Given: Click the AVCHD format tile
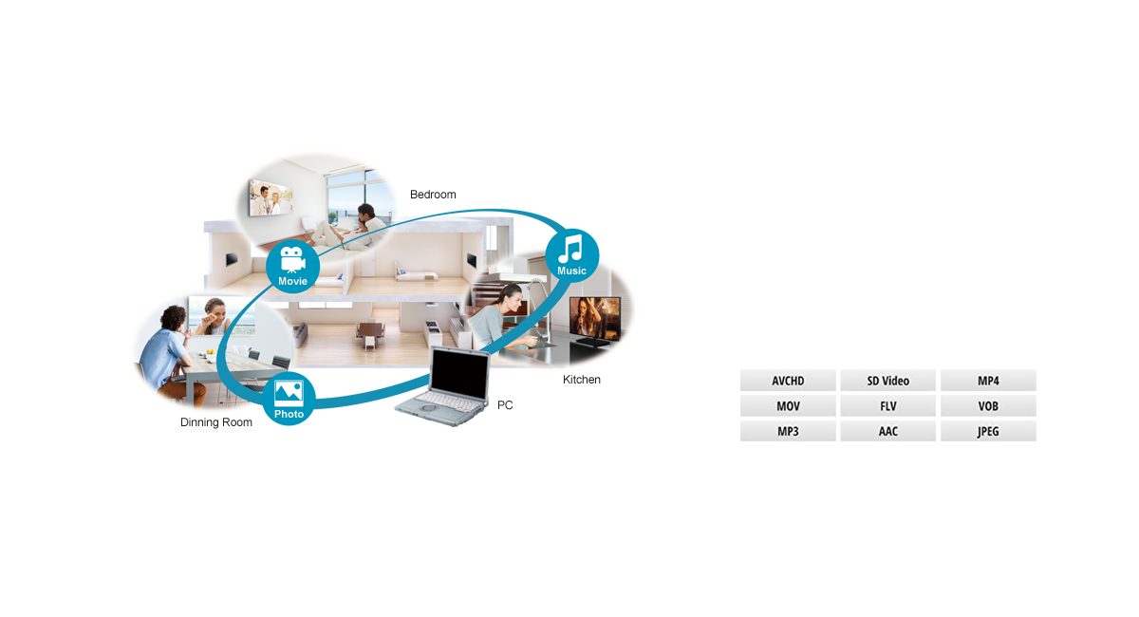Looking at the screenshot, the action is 788,381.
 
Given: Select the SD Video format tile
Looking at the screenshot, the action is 887,381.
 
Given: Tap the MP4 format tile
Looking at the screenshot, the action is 988,381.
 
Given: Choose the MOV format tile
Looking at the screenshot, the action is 788,406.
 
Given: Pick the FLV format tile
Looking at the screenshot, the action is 887,406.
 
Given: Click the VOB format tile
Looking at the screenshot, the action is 988,406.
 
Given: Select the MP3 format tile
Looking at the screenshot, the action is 788,431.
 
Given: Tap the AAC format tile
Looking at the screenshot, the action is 887,431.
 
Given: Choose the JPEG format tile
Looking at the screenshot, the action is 988,431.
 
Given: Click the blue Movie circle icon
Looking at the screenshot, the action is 293,267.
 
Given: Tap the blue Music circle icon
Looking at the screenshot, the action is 572,255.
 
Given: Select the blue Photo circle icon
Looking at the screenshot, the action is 289,399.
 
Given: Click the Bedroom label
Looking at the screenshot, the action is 433,195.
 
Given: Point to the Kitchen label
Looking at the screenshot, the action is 581,380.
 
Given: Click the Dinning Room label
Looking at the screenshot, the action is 216,422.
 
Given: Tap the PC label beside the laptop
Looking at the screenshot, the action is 505,405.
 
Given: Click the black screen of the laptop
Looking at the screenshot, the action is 459,374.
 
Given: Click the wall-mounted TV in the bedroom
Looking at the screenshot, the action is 271,197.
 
